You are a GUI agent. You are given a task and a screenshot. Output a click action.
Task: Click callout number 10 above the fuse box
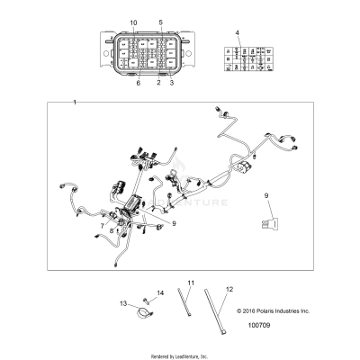(x=134, y=21)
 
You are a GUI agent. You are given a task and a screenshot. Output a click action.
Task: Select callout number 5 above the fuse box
(x=161, y=21)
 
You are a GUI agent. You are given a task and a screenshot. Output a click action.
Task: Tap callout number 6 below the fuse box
(x=139, y=82)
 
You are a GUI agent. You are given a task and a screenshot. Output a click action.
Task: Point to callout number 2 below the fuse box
(x=159, y=82)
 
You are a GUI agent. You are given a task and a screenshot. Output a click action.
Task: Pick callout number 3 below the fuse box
(x=172, y=82)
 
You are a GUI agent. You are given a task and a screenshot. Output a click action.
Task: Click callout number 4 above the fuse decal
(x=238, y=32)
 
